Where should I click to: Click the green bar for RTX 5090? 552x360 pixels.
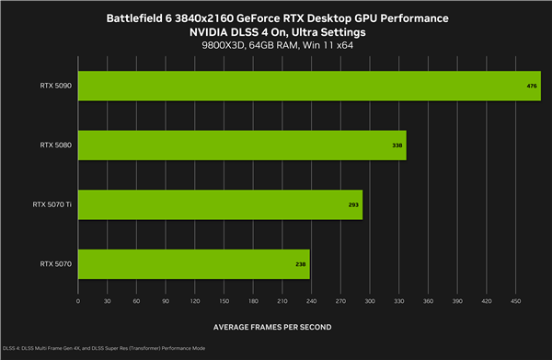pos(309,86)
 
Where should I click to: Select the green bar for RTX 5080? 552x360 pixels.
pos(242,145)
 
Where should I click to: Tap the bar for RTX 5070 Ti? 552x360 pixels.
pos(220,204)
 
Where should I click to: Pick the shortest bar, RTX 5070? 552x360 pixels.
pos(193,264)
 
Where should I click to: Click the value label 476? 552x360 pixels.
pos(532,86)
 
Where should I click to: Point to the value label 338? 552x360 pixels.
pos(397,145)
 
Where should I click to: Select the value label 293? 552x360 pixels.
pos(353,204)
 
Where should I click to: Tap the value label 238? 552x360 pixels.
pos(300,264)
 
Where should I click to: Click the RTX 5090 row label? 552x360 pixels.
pos(56,86)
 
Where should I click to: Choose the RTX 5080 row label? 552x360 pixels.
pos(56,145)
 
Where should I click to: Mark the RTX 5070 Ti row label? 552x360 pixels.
pos(52,204)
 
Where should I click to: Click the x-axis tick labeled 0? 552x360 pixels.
pos(78,301)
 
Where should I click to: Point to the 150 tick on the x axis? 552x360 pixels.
pos(224,301)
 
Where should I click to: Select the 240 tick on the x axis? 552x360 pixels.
pos(311,301)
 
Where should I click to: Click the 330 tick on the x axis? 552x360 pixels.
pos(398,301)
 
